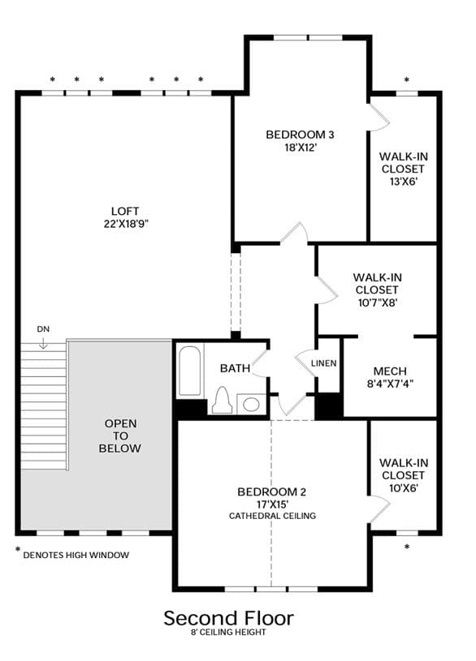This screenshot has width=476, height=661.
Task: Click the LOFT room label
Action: click(125, 211)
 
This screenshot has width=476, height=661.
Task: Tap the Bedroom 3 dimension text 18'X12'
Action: click(301, 148)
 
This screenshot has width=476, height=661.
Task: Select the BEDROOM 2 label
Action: click(271, 491)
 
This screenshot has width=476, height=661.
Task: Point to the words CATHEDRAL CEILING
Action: click(272, 516)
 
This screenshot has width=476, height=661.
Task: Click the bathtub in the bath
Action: click(189, 371)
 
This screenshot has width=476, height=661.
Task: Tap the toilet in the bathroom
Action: click(223, 401)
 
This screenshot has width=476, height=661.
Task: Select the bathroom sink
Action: click(251, 404)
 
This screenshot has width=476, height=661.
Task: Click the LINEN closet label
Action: click(323, 363)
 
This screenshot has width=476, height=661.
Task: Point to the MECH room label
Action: click(390, 371)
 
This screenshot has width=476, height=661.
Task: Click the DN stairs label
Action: click(43, 328)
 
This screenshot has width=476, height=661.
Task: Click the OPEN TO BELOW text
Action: click(120, 436)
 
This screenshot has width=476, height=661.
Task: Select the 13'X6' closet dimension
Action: click(404, 182)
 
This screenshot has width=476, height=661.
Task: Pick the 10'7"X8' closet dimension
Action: click(377, 303)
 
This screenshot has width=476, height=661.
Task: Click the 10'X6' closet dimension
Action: click(404, 487)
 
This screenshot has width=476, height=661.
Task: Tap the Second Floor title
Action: click(228, 618)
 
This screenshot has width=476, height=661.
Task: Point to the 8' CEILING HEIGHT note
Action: click(228, 632)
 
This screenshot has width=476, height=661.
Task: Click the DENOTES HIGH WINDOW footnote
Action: click(76, 556)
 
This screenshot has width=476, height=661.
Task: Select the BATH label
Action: click(236, 368)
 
